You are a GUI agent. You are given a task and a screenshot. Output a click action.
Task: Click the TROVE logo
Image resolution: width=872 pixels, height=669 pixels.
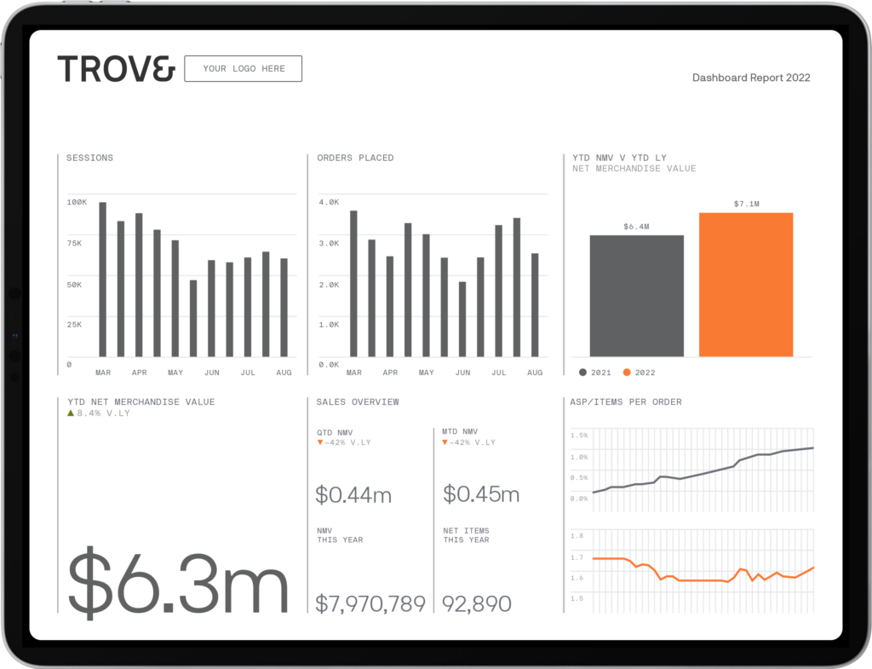[x=116, y=68]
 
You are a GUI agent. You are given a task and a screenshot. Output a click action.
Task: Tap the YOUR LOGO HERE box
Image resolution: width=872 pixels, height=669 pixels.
[x=244, y=68]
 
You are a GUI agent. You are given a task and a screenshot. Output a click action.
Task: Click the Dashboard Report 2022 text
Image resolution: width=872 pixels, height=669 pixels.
[x=751, y=78]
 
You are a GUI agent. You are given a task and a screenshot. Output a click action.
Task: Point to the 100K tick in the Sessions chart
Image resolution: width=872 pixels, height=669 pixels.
[x=77, y=202]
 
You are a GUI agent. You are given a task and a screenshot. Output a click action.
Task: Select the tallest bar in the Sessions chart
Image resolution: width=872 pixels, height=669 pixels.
[x=103, y=280]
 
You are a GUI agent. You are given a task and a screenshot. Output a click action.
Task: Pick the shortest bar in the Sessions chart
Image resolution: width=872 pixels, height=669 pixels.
[x=193, y=318]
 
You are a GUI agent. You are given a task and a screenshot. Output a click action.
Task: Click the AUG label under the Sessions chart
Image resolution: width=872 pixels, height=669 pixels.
[x=284, y=372]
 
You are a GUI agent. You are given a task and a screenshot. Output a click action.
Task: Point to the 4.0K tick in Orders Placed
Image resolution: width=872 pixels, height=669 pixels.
[x=329, y=202]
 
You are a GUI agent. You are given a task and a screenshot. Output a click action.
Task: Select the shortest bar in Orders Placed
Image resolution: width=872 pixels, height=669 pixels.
[x=462, y=319]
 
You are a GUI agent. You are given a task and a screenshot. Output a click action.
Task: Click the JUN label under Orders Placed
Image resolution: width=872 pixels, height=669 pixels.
[x=462, y=372]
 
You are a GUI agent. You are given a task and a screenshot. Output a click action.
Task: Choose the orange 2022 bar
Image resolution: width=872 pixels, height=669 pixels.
[x=746, y=284]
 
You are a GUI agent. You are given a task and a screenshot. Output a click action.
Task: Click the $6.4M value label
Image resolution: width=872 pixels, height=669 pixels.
[x=636, y=227]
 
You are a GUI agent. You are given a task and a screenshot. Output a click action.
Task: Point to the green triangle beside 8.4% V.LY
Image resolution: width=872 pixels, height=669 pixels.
[x=71, y=412]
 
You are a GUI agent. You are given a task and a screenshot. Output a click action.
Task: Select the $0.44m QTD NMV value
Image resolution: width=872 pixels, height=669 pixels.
[x=353, y=494]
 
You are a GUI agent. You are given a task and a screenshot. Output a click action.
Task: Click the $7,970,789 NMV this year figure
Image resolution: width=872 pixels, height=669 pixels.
[x=370, y=604]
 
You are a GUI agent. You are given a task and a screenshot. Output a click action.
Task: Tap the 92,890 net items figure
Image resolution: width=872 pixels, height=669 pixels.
[x=477, y=604]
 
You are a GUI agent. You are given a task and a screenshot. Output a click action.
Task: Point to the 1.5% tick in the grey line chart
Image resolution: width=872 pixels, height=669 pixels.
[x=579, y=435]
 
